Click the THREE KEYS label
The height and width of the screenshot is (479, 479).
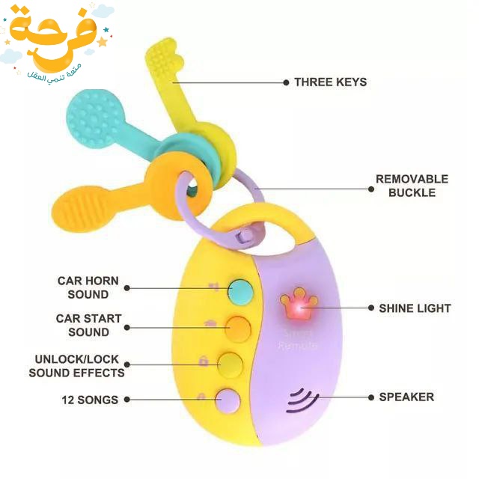330,82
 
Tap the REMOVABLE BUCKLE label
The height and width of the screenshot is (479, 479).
412,186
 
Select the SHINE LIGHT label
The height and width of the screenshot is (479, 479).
415,308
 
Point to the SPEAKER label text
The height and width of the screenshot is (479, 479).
406,397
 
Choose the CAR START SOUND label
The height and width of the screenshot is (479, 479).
88,325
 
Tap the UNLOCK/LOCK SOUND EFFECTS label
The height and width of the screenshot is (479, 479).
77,366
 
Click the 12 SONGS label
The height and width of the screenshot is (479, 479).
90,400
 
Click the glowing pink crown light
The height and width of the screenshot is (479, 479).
298,305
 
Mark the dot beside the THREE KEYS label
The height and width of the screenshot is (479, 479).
285,82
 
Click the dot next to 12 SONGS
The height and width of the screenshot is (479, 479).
126,400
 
